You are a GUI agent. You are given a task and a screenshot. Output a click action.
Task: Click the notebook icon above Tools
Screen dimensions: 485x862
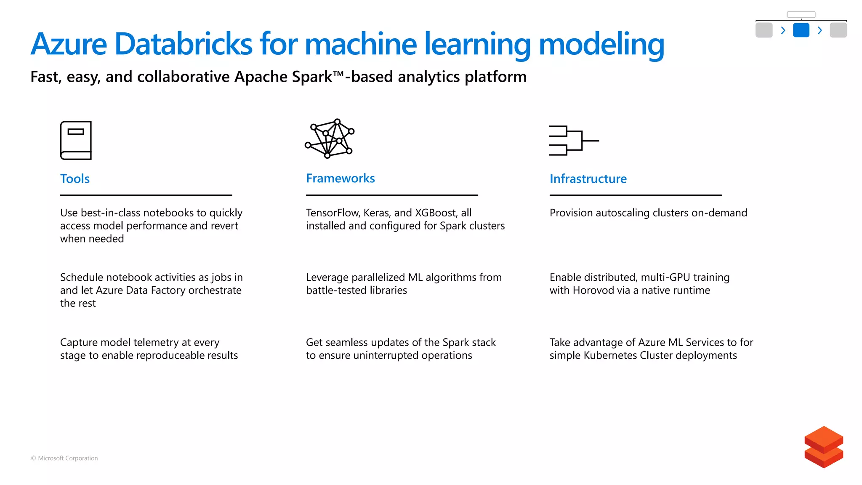pos(76,140)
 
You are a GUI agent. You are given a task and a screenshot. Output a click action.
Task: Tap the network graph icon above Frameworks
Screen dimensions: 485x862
pos(330,139)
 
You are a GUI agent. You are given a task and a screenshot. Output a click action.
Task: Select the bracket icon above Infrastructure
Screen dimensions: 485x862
pos(573,141)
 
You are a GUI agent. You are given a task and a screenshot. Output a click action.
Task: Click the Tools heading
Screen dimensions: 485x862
pos(75,179)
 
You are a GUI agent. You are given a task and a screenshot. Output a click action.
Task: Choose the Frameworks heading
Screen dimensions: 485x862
pos(340,178)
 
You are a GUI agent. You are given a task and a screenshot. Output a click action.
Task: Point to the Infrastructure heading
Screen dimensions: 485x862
pos(588,179)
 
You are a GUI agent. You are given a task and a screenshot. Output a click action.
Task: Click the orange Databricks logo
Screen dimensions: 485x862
pos(823,447)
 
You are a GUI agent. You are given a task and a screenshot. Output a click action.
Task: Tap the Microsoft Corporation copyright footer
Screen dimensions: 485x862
pos(64,458)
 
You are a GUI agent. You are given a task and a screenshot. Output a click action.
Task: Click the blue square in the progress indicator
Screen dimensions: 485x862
pos(801,30)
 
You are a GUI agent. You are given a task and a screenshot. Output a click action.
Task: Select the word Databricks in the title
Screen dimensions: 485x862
pos(183,44)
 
